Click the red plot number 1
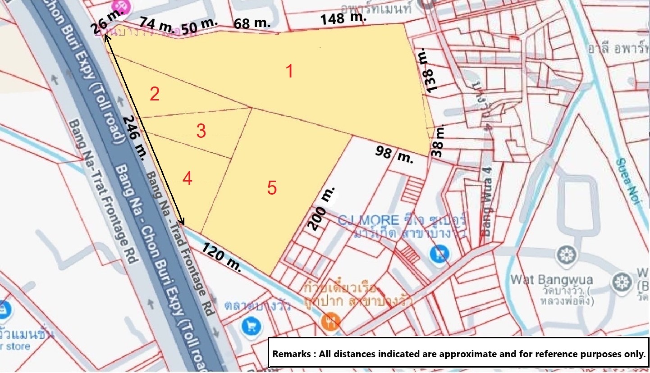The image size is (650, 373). pyautogui.click(x=290, y=71)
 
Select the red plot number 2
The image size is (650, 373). pyautogui.click(x=155, y=95)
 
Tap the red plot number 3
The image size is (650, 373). pyautogui.click(x=201, y=132)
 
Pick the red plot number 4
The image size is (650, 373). pyautogui.click(x=188, y=179)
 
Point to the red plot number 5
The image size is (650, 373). pyautogui.click(x=271, y=188)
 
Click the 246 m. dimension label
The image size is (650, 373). pyautogui.click(x=134, y=138)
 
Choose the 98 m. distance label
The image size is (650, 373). pyautogui.click(x=394, y=155)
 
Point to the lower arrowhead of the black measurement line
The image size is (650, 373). pyautogui.click(x=183, y=222)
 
